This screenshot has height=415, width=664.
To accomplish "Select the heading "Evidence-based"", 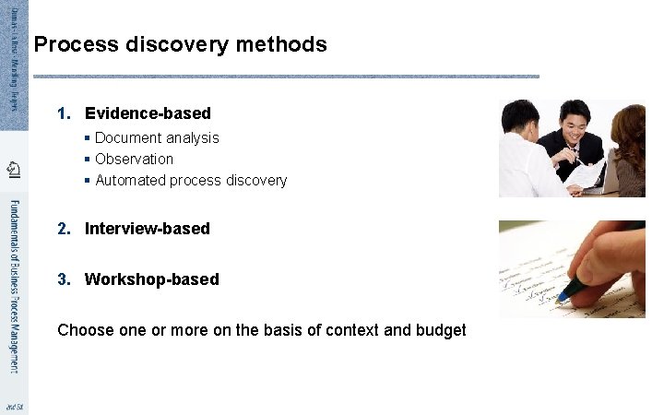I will tap(148, 113).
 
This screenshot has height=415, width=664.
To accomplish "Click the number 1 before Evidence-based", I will tap(63, 113).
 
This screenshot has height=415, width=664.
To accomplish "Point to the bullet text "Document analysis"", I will tap(157, 137).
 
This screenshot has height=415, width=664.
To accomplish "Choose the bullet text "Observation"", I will tap(134, 159).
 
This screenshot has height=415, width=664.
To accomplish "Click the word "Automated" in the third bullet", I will tap(130, 180).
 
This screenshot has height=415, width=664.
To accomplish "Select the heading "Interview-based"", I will tap(147, 228).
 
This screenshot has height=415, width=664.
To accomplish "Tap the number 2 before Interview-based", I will tap(63, 228).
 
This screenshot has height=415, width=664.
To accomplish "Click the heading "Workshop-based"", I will tap(151, 279).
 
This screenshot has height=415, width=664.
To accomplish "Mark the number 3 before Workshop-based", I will tap(63, 279).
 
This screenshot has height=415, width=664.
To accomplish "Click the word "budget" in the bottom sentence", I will tap(441, 329).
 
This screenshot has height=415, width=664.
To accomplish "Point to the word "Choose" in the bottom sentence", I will tap(85, 329).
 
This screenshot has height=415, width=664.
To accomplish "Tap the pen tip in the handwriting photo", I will tap(559, 298).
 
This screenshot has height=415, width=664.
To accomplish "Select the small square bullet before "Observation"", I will tap(87, 159).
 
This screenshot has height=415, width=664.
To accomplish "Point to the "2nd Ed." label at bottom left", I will tap(14, 406).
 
